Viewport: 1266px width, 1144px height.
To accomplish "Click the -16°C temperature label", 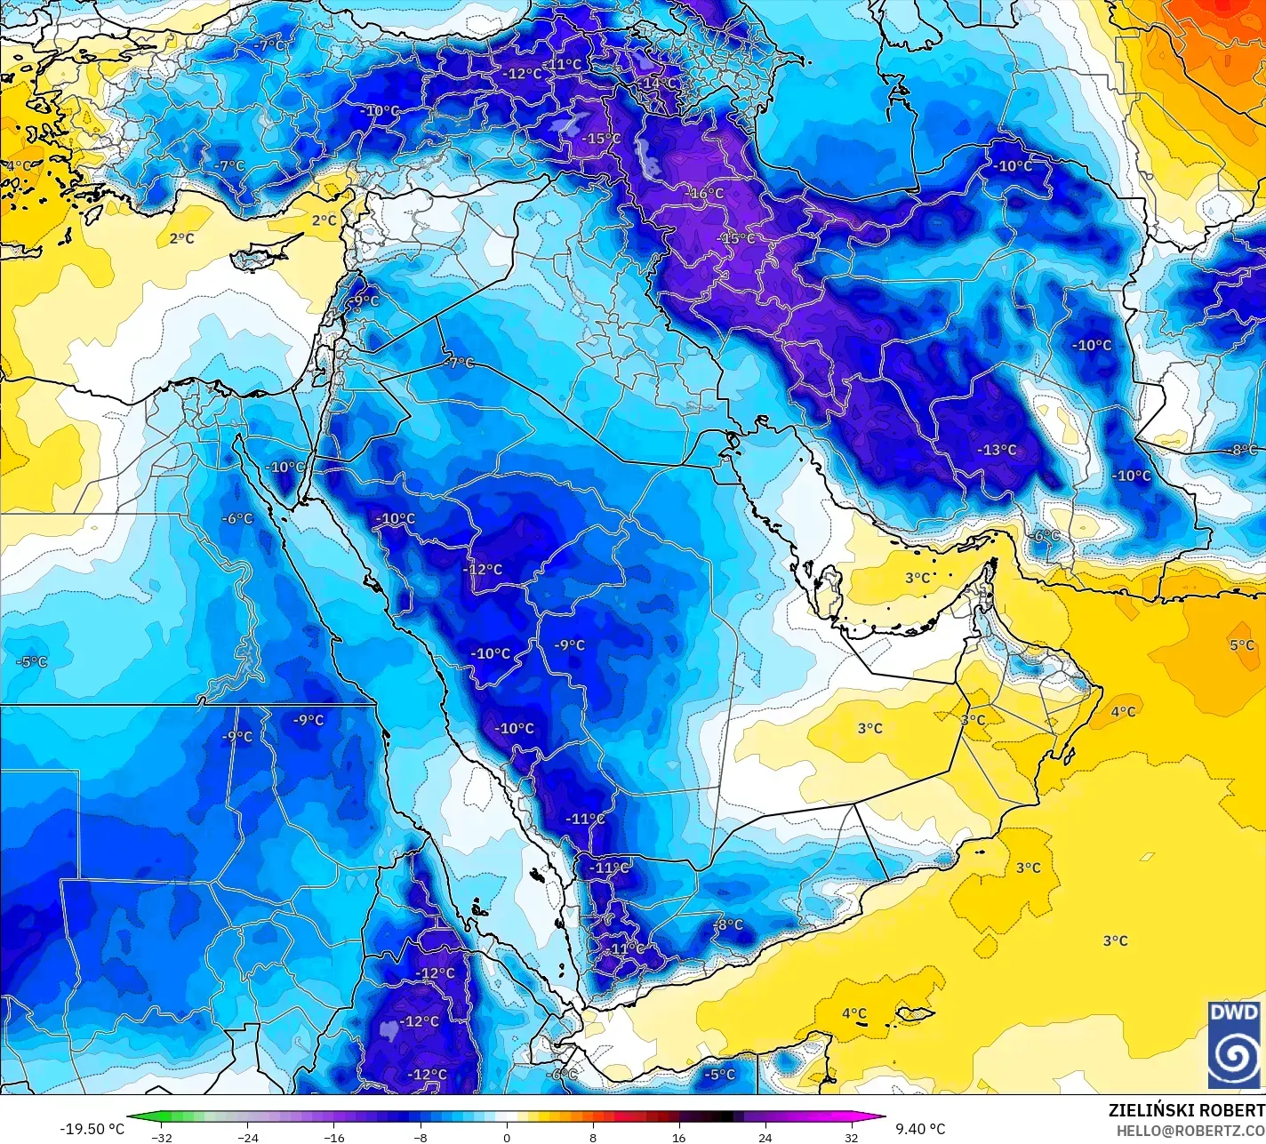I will point(707,194).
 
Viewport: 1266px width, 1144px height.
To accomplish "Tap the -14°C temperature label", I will point(659,84).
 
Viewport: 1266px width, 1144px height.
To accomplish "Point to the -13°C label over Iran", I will point(997,450).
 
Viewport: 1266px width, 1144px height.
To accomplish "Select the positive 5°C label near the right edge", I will point(1242,645).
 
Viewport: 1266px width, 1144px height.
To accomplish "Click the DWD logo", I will point(1234,1044).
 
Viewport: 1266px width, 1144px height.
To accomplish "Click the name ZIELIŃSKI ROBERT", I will point(1186,1110).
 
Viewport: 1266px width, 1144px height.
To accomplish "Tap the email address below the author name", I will point(1190,1130).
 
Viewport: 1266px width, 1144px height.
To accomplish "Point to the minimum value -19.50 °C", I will point(92,1129).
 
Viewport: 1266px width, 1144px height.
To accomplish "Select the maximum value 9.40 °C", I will point(920,1129).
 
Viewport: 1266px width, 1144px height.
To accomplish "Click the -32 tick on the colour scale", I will point(161,1137).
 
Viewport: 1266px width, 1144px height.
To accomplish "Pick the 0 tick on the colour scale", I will point(507,1137).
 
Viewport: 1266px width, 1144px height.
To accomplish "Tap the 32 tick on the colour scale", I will point(852,1137).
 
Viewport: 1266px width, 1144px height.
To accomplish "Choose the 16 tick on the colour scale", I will point(679,1137).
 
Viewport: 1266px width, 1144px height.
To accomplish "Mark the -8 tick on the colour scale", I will point(421,1137).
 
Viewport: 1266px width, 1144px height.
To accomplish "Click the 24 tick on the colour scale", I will point(765,1137).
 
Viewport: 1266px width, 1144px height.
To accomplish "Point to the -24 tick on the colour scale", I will point(248,1137).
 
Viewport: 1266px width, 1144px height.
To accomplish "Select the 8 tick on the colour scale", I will point(593,1137).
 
